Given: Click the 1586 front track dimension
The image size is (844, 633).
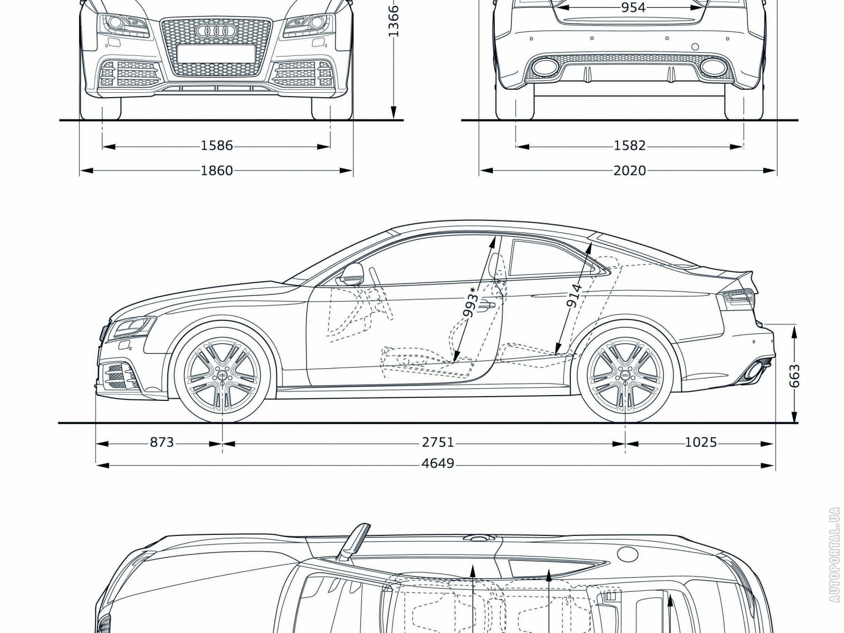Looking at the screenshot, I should [x=217, y=145].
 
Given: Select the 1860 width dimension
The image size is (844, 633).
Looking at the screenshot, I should [x=217, y=170].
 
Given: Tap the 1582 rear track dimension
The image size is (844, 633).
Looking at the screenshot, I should [x=630, y=145].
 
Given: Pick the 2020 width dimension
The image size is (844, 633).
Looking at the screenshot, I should [x=630, y=170].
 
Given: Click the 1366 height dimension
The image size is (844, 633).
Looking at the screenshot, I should [x=394, y=21].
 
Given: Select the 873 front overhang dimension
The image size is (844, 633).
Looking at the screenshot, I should [x=161, y=442].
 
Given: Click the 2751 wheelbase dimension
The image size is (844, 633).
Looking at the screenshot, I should [x=438, y=442].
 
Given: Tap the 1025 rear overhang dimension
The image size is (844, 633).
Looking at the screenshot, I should [x=701, y=442].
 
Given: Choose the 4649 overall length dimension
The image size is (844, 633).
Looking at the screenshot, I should [x=438, y=464].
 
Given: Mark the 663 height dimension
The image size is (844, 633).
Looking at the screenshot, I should [x=795, y=375].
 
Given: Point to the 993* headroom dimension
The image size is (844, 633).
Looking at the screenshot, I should [x=471, y=303].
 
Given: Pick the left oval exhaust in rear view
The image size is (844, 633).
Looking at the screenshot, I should [x=541, y=67].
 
